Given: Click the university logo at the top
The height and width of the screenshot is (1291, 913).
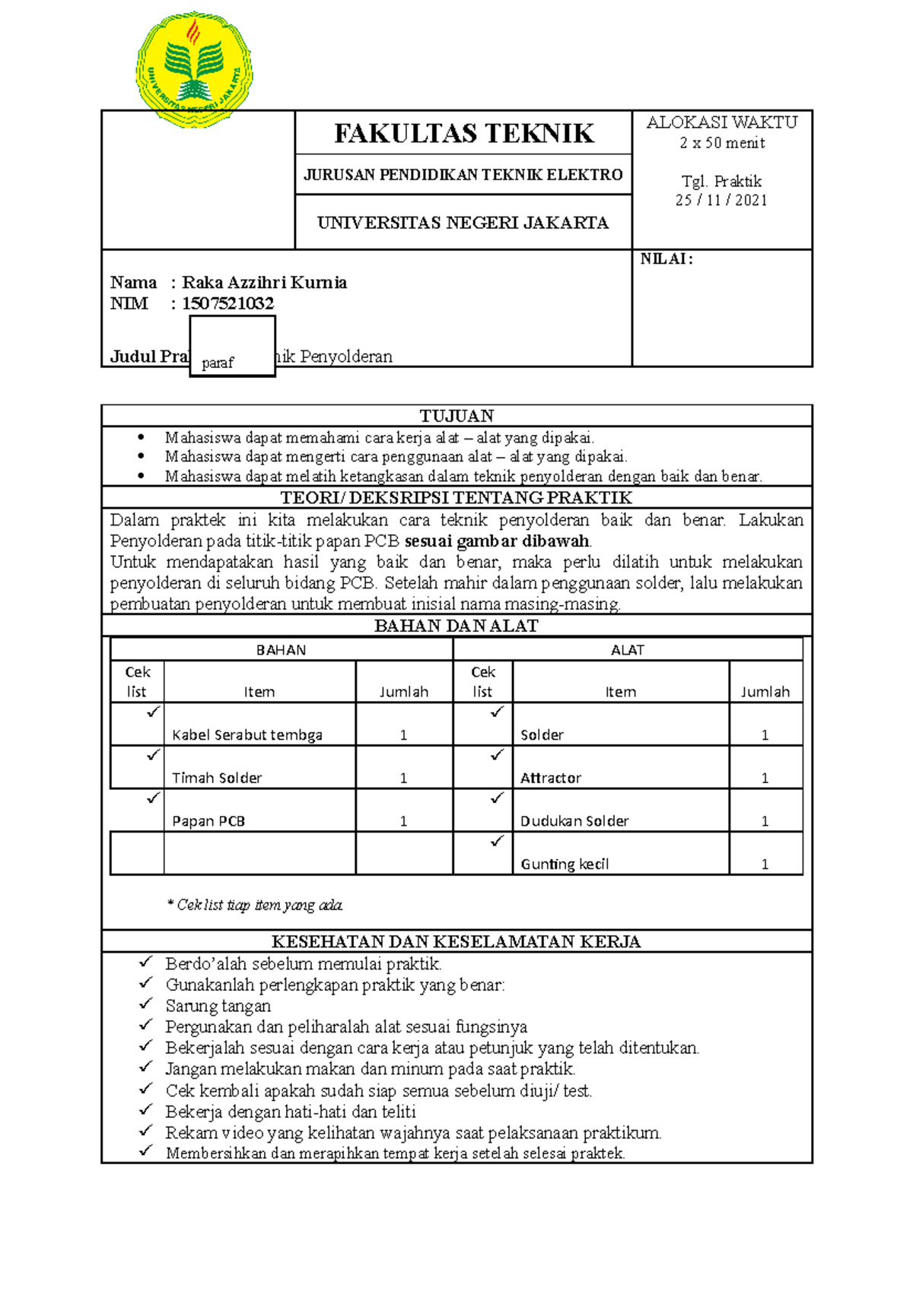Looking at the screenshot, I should [x=194, y=69].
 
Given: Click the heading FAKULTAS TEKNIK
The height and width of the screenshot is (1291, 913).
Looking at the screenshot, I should [x=463, y=134].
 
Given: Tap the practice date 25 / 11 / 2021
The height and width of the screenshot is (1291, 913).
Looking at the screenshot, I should [x=721, y=200].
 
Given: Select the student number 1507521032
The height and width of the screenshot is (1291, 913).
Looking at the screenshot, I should [x=227, y=303].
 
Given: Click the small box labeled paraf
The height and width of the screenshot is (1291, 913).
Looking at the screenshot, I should [x=232, y=347].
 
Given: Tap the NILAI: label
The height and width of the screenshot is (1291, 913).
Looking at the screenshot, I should [x=666, y=259].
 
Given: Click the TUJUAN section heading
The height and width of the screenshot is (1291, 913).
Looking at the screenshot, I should [x=456, y=416].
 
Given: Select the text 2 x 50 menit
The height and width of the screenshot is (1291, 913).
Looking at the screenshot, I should [x=722, y=143].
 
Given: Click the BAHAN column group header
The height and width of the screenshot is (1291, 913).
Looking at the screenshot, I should [x=281, y=650].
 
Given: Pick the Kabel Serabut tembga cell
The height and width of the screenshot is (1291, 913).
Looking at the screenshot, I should [x=247, y=734].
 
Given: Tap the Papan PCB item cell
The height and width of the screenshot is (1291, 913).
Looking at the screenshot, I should [x=208, y=821].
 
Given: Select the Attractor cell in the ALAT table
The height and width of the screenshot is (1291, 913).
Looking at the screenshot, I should [x=551, y=778].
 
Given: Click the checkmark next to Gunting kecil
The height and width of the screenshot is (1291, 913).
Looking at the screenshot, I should [x=498, y=841].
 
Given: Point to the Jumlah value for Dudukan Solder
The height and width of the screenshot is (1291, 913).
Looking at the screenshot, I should [x=765, y=821].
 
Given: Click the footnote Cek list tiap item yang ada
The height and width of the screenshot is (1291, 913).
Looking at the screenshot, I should [x=256, y=905].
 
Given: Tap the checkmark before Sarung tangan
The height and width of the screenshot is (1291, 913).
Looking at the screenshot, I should [x=146, y=1004].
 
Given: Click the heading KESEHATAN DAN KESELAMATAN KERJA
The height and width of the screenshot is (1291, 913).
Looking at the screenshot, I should [x=456, y=941].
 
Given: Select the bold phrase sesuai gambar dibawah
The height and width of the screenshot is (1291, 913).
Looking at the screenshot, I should [x=498, y=541].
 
